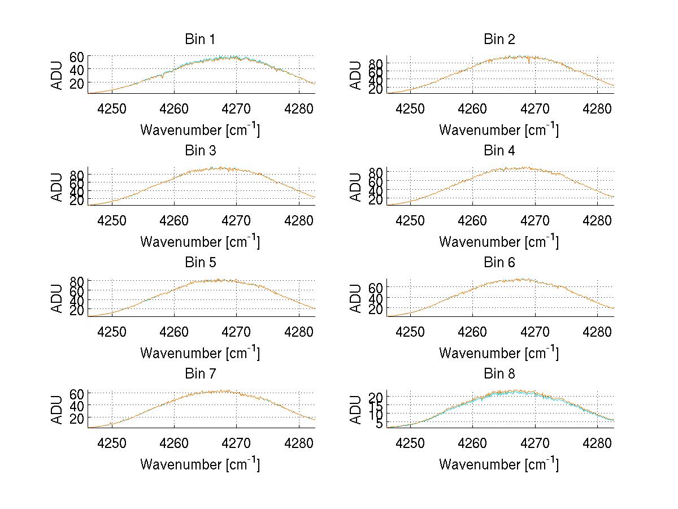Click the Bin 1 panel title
click(x=199, y=40)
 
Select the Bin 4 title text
click(x=499, y=151)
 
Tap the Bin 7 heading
click(x=199, y=374)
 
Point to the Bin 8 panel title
click(x=499, y=374)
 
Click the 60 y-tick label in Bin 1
click(x=77, y=56)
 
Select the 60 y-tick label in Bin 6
click(x=376, y=288)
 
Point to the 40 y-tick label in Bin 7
click(x=77, y=406)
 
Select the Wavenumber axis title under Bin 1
click(x=199, y=130)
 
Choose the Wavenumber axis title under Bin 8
click(x=499, y=464)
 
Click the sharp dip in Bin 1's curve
click(x=163, y=77)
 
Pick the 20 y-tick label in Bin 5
click(x=77, y=310)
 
